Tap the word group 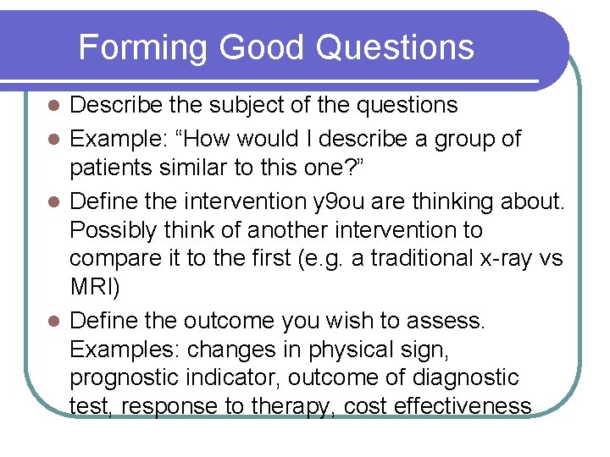point(469,139)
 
